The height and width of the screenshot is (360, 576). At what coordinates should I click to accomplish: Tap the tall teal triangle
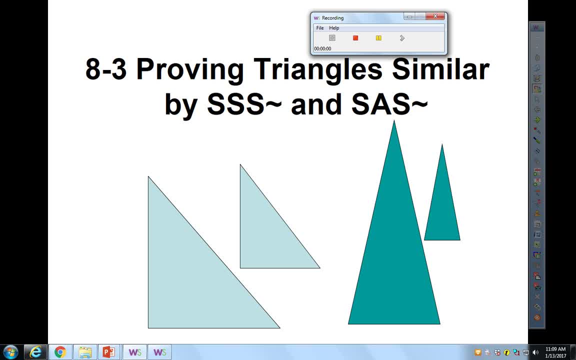click(394, 260)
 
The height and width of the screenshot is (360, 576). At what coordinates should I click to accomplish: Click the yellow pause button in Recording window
click(378, 38)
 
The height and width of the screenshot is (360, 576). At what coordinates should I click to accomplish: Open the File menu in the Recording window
click(320, 28)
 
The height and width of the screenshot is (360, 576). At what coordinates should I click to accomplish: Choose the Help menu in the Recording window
click(334, 28)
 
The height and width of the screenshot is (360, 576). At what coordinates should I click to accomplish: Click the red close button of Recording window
click(435, 16)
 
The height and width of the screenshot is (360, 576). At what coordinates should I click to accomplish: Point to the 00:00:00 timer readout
click(322, 48)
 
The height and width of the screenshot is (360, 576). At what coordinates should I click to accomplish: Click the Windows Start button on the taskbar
click(10, 352)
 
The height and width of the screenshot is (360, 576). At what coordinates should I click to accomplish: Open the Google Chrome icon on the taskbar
click(60, 352)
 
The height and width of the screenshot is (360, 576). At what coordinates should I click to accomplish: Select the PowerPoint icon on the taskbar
click(108, 352)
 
